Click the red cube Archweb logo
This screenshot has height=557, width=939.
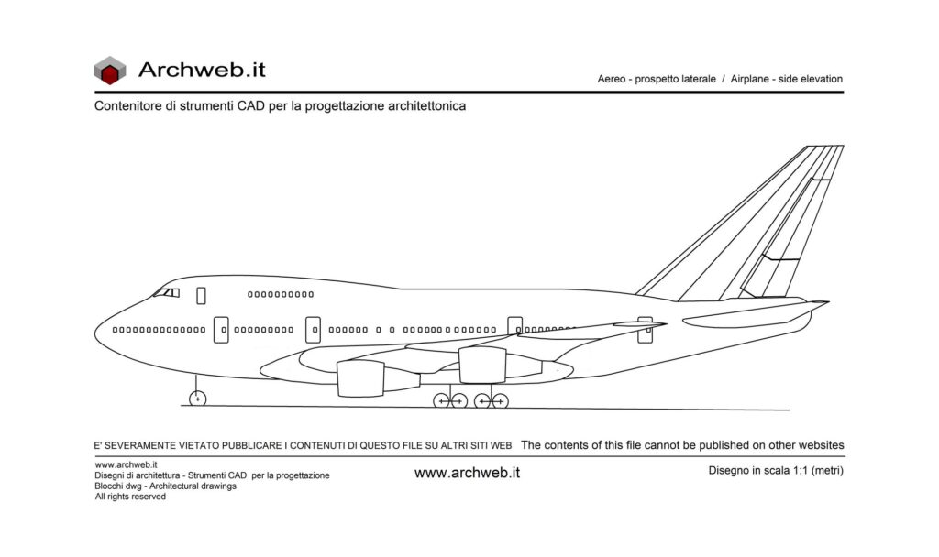coord(109,70)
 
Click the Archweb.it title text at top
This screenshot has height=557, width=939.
coord(202,69)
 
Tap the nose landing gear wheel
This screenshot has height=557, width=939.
coord(197,399)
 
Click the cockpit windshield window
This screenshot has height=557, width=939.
coord(166,293)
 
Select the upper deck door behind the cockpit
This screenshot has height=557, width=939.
coord(201,295)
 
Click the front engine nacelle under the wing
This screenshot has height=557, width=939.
coord(360,377)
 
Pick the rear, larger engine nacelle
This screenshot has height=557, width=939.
coord(482,365)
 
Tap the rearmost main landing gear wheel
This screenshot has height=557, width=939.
coord(500,400)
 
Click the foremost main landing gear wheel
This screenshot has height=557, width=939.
coord(442,400)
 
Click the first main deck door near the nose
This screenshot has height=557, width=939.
coord(221,330)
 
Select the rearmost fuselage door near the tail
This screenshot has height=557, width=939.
coord(646,330)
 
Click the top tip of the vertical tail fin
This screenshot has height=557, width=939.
coord(825,147)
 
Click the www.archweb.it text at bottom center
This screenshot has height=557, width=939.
coord(467,473)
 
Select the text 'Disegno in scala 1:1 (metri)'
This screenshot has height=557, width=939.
coord(775,471)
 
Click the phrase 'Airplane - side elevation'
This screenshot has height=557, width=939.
coord(786,80)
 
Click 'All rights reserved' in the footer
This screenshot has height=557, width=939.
coord(130,497)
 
